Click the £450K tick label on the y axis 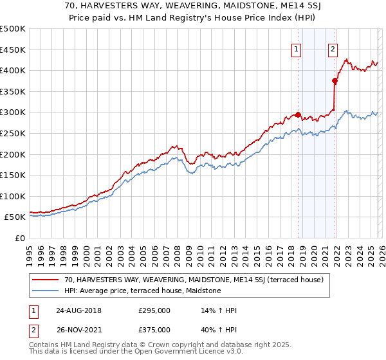(x=13, y=50)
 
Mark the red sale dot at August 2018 (x=298, y=114)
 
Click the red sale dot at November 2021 (x=335, y=81)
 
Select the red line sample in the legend (x=46, y=280)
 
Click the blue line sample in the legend (x=46, y=291)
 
